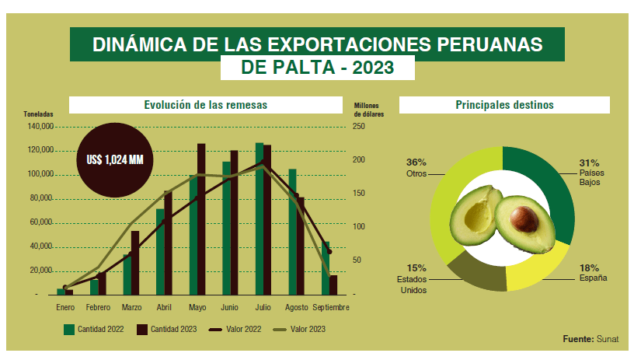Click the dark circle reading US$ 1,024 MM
click(116, 159)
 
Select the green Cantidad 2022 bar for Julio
click(260, 218)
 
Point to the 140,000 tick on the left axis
click(38, 126)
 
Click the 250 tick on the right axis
click(359, 126)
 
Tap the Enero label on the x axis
click(64, 307)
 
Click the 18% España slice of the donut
click(535, 267)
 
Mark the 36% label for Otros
click(416, 163)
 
